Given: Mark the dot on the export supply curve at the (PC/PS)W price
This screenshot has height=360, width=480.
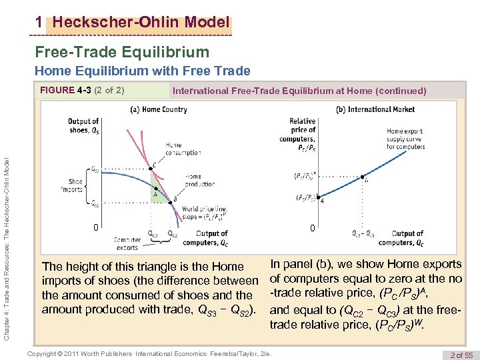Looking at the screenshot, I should [362, 177].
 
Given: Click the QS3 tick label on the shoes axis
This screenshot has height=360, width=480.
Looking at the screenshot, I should [95, 170].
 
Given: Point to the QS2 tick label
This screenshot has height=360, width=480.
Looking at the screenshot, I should [95, 203].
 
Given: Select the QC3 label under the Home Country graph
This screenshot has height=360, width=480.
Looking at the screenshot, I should [153, 233].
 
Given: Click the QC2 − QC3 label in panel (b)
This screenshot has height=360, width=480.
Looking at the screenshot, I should [363, 233].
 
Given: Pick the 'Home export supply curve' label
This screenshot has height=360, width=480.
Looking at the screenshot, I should [404, 139].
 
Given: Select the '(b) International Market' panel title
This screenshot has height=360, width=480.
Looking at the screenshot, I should [375, 109].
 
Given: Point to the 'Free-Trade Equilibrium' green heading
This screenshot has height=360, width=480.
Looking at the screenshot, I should [122, 52].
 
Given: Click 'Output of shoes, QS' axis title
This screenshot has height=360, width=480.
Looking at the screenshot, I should [83, 125].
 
